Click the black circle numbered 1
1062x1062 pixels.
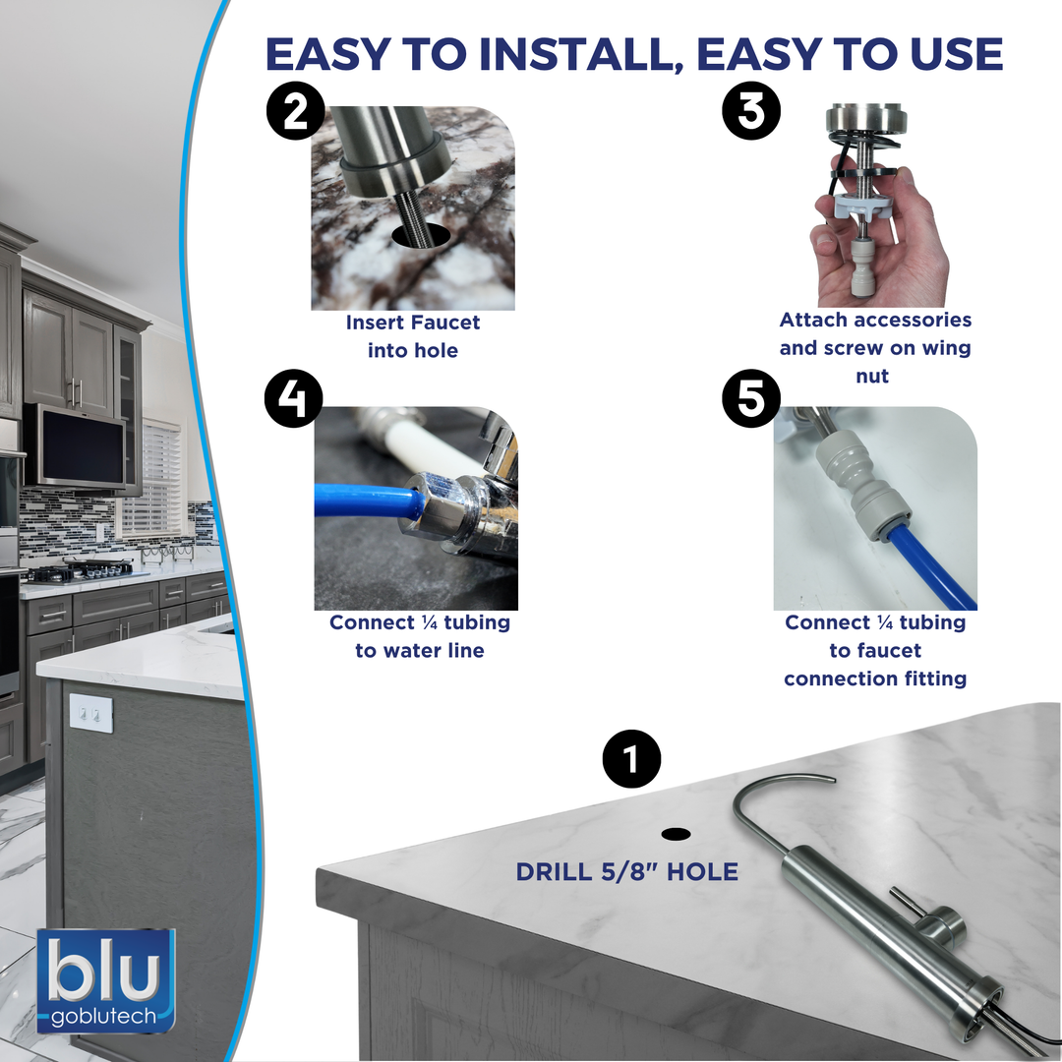coord(631,758)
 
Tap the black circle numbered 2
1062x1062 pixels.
coord(295,111)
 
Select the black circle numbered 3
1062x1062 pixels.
coord(751,111)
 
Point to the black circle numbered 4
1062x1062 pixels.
coord(293,398)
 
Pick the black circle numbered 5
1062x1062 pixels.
coord(751,398)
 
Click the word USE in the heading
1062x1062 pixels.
coord(957,54)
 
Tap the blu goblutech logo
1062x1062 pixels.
coord(106,980)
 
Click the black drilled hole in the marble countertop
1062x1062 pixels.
coord(676,834)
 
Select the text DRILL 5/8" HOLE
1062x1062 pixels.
coord(627,871)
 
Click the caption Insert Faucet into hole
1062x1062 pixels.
coord(412,336)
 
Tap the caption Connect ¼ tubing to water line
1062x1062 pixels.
coord(419,636)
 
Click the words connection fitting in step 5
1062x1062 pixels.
coord(875,678)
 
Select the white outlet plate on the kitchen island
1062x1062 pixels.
coord(90,713)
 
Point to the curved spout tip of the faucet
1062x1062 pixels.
coord(832,780)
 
